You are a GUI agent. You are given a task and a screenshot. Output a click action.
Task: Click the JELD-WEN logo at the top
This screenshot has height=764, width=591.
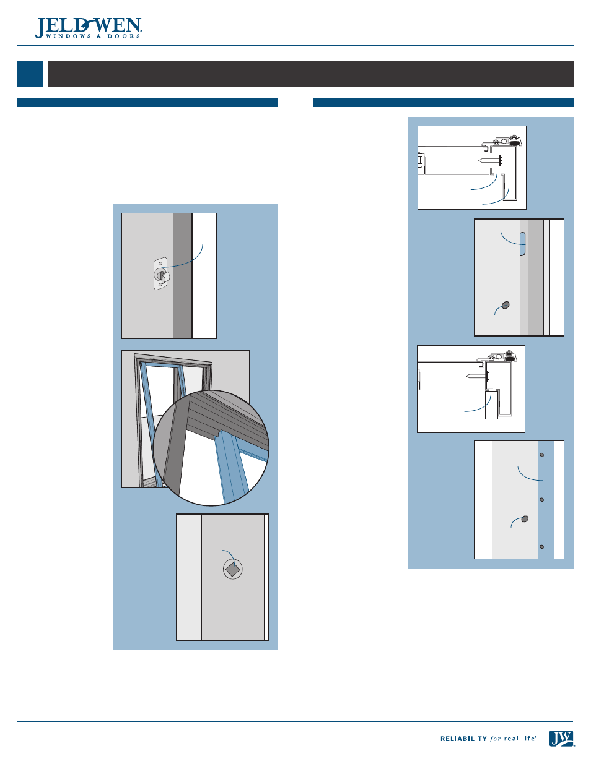[88, 28]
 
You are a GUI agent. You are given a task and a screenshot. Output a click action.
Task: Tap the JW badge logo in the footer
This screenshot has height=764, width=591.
[561, 739]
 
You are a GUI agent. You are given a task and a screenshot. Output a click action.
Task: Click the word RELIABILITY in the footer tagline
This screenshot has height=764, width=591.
[463, 739]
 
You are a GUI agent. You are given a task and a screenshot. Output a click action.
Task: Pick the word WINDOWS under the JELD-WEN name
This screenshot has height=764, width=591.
[68, 36]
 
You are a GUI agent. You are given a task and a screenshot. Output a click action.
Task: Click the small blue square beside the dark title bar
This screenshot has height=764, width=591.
[30, 74]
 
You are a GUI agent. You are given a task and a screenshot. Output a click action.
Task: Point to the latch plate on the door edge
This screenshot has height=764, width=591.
[160, 273]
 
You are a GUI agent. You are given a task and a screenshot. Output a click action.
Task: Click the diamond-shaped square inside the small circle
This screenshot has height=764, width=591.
[233, 569]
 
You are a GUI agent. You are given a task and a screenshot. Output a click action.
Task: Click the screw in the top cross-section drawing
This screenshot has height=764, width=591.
[490, 161]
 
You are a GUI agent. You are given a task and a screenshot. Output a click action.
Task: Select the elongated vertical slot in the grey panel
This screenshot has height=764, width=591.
[523, 244]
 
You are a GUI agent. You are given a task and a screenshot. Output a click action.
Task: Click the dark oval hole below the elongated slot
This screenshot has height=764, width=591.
[506, 305]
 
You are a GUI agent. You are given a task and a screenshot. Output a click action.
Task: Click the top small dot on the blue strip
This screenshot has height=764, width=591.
[541, 455]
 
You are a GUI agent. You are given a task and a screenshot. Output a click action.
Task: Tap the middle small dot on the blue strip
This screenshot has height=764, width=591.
[541, 500]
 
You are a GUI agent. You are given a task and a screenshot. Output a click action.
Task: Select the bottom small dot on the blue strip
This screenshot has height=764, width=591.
[541, 547]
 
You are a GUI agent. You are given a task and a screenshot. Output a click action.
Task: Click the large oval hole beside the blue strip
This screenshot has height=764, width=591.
[525, 518]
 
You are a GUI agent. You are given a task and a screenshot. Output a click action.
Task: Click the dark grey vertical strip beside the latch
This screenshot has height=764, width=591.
[182, 276]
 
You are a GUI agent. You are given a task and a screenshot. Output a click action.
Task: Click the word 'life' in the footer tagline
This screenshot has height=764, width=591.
[528, 739]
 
